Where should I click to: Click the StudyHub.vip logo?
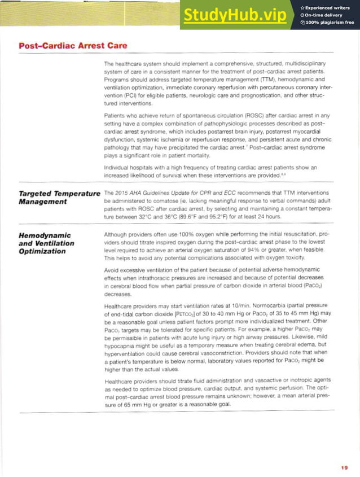click(234, 16)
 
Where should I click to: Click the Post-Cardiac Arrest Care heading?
click(73, 45)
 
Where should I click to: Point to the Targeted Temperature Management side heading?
click(59, 197)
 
